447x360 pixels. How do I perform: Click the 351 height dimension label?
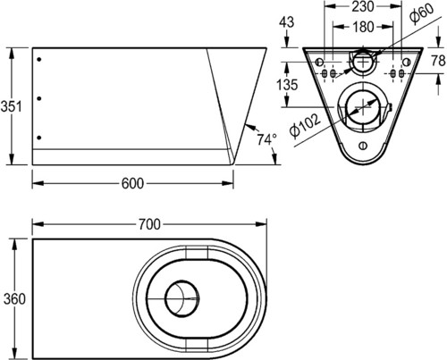11,106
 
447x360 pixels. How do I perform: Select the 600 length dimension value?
132,183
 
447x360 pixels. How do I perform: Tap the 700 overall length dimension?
149,224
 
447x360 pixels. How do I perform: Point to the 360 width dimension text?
14,298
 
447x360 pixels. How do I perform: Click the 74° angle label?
266,139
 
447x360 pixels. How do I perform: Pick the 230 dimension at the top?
363,6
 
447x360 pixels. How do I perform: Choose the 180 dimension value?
363,27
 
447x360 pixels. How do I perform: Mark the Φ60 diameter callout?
422,14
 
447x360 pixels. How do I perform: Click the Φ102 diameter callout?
305,125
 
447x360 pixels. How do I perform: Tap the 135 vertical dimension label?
287,85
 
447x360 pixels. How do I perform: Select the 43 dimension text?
287,22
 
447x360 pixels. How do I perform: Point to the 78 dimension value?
439,61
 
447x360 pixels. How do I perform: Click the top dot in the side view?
39,60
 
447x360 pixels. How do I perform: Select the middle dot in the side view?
39,98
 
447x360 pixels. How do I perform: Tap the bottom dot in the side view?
39,138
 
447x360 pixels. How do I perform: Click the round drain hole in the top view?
182,298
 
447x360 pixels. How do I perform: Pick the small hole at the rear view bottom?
363,147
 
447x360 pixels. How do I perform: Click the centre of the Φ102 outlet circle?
363,107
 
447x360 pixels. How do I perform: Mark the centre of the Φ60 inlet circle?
363,63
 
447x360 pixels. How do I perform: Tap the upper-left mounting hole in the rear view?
319,63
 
